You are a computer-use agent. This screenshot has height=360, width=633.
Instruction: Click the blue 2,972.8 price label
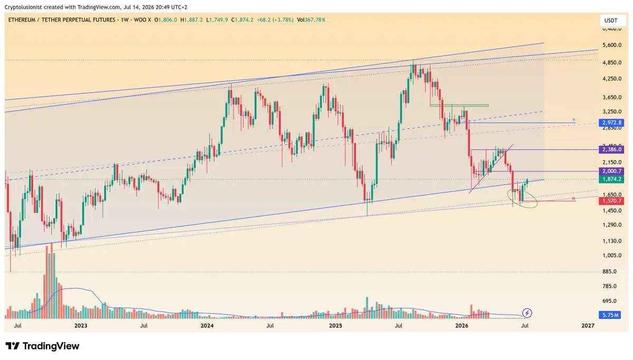(611, 122)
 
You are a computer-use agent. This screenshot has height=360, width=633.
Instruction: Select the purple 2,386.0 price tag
(611, 149)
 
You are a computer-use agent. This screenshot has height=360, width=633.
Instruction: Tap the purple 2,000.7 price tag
(611, 171)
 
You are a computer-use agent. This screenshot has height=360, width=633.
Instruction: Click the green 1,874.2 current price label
(611, 179)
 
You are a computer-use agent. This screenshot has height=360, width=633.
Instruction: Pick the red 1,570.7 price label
(611, 201)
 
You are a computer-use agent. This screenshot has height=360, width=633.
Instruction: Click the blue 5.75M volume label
(610, 315)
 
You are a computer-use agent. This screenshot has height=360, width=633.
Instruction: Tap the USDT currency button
(611, 21)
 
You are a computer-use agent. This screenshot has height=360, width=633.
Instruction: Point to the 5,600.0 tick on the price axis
(612, 45)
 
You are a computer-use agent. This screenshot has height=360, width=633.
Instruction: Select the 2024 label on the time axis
(207, 326)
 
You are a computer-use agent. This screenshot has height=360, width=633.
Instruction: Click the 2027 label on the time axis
(588, 326)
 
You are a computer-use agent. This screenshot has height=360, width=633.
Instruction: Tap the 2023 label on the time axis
(81, 326)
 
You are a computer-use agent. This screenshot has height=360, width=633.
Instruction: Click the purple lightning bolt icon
(527, 313)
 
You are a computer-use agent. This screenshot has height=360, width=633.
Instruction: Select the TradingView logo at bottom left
(42, 346)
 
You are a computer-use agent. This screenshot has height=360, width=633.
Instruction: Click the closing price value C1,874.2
(242, 20)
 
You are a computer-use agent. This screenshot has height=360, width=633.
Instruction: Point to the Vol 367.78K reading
(311, 20)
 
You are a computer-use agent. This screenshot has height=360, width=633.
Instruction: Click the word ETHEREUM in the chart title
(22, 20)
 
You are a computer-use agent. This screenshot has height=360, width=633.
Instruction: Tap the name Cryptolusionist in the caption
(23, 7)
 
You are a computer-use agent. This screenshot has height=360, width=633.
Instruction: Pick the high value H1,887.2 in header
(191, 20)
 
